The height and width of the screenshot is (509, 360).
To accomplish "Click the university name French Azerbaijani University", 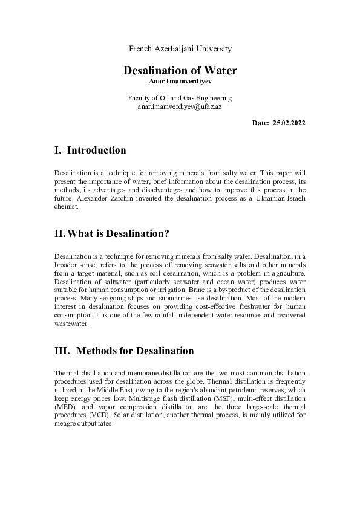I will click(x=180, y=48).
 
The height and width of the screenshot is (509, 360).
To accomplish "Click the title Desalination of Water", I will click(x=180, y=71).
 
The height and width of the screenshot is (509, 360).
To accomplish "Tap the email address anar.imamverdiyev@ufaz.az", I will click(x=180, y=106).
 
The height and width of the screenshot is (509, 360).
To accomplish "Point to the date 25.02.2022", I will click(x=289, y=123).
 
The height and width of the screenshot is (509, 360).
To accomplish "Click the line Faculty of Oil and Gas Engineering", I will click(x=180, y=98).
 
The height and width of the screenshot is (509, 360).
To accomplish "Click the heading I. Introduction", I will click(x=90, y=151).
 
